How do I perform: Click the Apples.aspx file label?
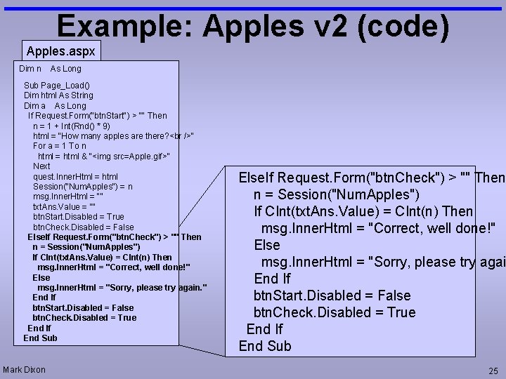pos(61,51)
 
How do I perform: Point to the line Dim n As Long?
pos(50,69)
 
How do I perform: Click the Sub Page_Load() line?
pos(57,85)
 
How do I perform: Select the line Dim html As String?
pos(58,95)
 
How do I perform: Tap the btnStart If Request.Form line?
pos(97,115)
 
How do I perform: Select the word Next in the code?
pos(41,166)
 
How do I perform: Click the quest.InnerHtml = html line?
pos(75,176)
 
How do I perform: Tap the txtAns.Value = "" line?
pos(64,207)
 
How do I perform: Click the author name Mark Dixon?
pos(24,370)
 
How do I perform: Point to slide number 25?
pos(493,371)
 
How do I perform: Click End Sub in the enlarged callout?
pos(264,346)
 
